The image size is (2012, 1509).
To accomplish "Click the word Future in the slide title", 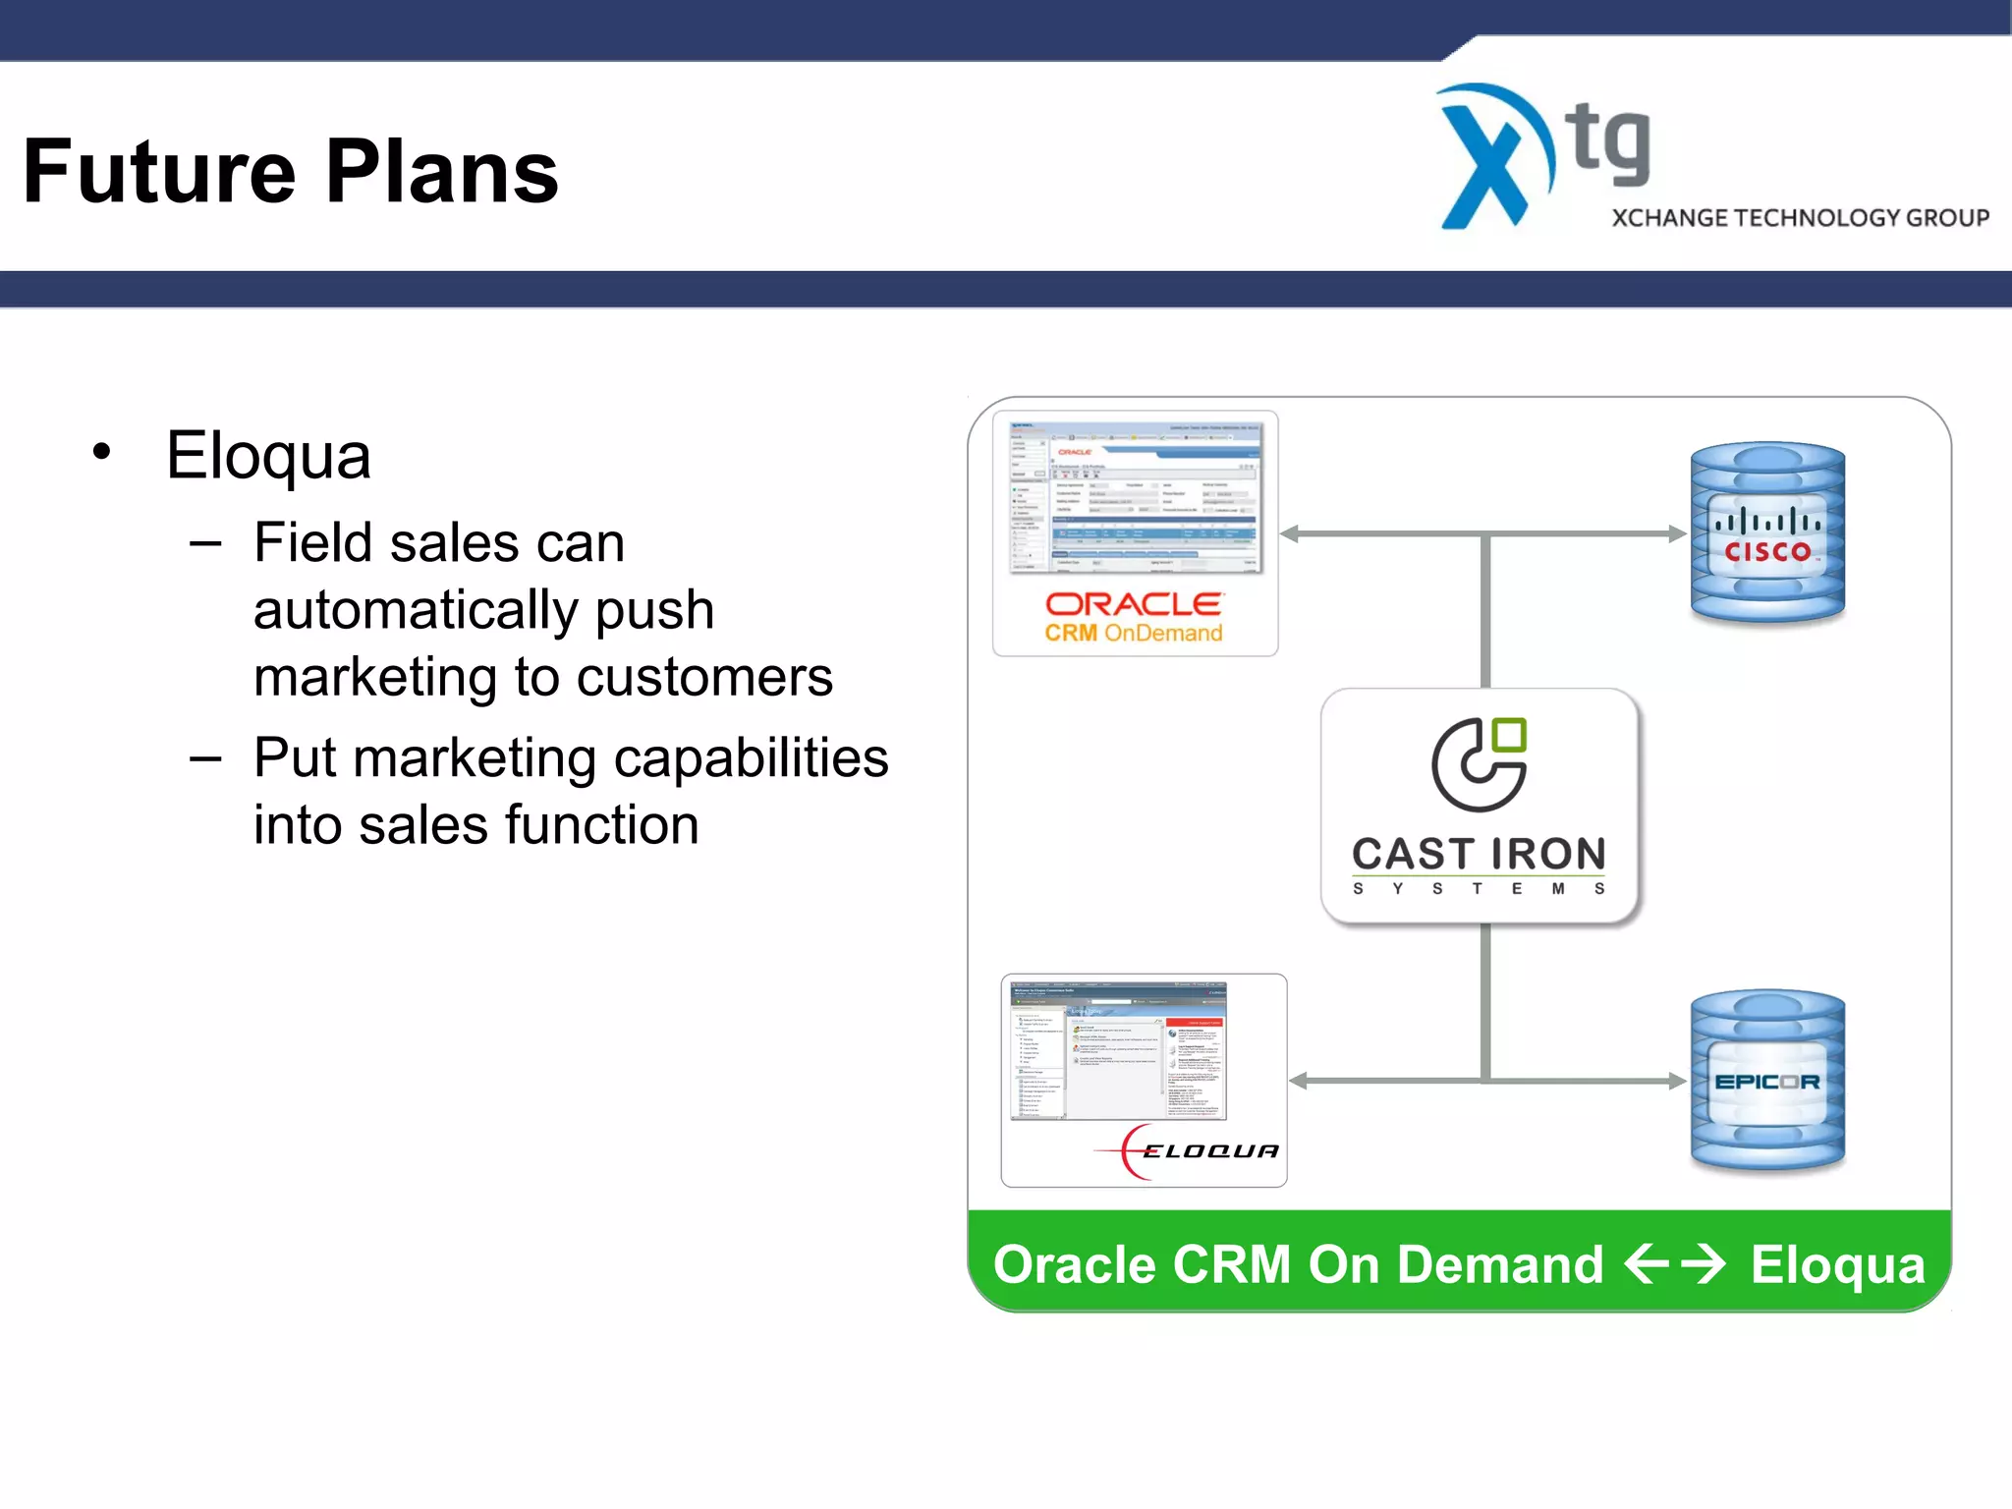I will (x=158, y=173).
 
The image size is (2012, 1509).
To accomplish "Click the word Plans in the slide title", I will (x=441, y=173).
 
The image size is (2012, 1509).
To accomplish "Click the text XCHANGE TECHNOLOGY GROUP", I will (x=1800, y=218).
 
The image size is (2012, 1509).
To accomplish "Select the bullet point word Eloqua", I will (x=268, y=456).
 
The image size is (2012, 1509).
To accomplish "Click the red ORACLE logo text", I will (x=1134, y=604).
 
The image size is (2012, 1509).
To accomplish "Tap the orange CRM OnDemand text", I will (x=1134, y=634).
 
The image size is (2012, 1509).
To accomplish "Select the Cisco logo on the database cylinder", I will (x=1767, y=535).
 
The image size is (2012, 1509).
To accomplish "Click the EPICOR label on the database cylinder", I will (x=1766, y=1083).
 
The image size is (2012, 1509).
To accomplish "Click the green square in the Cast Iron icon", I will (x=1509, y=736).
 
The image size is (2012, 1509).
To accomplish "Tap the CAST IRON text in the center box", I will (x=1479, y=854).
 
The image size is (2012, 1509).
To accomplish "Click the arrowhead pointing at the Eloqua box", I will (x=1299, y=1081).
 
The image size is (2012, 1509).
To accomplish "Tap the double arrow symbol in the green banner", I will (x=1674, y=1264).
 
